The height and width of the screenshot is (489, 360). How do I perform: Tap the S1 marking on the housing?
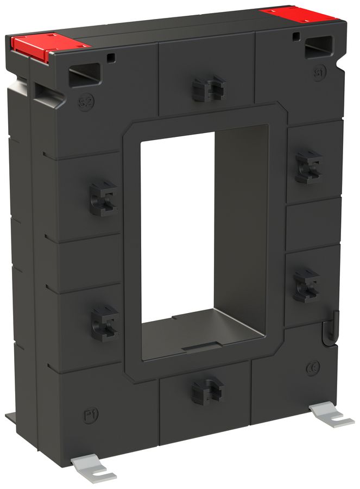(x=319, y=72)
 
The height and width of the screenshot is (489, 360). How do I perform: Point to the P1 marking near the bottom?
(x=91, y=416)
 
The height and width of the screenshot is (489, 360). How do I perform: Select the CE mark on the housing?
(x=313, y=368)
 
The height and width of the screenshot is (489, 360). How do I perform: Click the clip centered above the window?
(x=209, y=89)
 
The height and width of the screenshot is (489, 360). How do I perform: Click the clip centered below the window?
(x=207, y=390)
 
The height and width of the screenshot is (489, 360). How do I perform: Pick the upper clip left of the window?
(x=103, y=198)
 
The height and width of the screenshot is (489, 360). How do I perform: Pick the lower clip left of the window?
(x=104, y=323)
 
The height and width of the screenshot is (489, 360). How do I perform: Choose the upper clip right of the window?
(x=308, y=166)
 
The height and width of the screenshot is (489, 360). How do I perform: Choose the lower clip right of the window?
(x=306, y=285)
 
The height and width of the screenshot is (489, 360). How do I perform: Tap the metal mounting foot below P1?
(x=93, y=468)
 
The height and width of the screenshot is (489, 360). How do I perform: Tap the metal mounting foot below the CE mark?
(x=330, y=415)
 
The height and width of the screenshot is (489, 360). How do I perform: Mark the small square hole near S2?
(x=111, y=57)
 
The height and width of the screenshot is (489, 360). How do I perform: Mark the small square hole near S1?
(x=295, y=37)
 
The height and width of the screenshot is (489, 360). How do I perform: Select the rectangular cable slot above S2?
(x=85, y=74)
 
